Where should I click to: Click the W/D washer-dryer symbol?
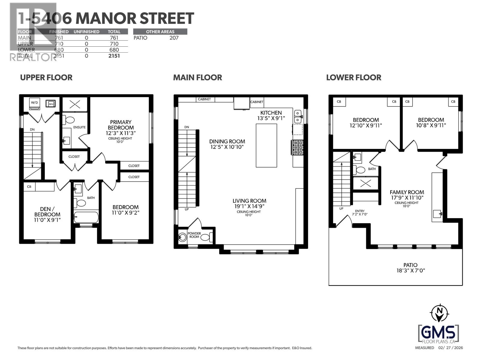[x=35, y=103]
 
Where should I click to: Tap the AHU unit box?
[x=51, y=104]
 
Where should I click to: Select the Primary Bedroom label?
[x=121, y=125]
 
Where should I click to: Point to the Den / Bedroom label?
[x=47, y=212]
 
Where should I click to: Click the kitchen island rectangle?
[x=266, y=145]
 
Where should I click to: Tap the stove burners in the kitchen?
[x=298, y=147]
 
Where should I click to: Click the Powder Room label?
[x=194, y=235]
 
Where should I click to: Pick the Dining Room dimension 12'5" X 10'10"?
[x=227, y=147]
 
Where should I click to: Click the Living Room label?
[x=249, y=201]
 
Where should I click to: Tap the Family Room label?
[x=407, y=192]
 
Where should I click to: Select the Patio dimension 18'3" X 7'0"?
[x=410, y=270]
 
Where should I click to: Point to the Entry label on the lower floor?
[x=360, y=211]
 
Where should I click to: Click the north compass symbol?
[x=440, y=313]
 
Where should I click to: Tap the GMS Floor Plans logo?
[x=439, y=334]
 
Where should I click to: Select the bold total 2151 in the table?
[x=114, y=56]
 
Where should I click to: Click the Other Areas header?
[x=160, y=32]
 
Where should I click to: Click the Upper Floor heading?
[x=46, y=78]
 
